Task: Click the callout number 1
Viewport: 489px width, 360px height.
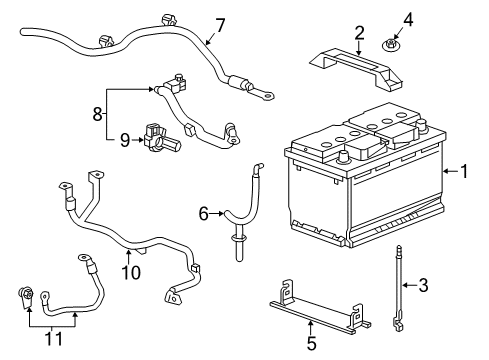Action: click(464, 171)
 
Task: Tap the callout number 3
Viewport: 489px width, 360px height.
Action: click(423, 287)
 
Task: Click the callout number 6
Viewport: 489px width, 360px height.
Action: click(204, 212)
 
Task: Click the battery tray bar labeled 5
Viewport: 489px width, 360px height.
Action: click(315, 309)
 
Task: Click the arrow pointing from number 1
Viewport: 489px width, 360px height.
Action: click(449, 171)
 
